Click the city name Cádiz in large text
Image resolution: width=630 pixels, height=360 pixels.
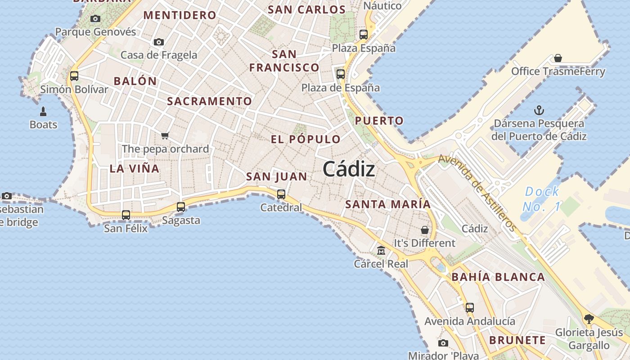349,169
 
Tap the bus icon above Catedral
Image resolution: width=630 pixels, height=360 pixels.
281,194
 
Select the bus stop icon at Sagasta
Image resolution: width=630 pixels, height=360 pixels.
181,207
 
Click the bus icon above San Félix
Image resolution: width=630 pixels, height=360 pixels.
126,215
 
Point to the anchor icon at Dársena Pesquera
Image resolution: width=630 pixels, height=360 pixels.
539,110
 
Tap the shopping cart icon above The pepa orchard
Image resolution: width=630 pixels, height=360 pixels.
165,135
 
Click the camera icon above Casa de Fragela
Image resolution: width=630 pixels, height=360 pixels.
158,42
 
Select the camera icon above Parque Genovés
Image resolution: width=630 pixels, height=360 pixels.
95,18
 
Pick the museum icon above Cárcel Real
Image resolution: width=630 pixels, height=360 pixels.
381,250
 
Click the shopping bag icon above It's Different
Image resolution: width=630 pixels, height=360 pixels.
424,230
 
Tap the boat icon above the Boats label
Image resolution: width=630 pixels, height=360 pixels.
43,111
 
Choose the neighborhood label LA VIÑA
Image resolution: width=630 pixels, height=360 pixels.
135,169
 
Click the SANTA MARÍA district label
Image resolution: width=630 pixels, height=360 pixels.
388,204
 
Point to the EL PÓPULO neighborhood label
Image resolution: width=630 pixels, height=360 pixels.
306,139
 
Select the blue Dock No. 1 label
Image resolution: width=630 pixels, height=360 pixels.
541,199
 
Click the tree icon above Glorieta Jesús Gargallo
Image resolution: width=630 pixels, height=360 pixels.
589,319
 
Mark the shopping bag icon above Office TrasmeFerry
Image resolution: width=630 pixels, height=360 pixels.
558,58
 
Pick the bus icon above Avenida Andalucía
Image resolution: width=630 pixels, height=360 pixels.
470,308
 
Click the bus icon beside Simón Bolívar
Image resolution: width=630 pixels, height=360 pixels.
74,76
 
